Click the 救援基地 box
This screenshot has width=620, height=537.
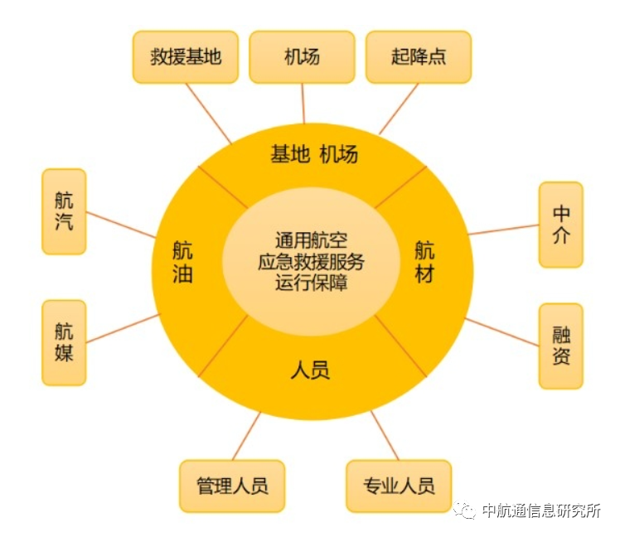[186, 57]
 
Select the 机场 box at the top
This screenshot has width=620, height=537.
[302, 57]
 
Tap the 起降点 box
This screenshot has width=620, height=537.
[418, 57]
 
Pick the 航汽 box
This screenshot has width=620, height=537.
[64, 211]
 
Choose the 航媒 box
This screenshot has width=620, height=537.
[64, 341]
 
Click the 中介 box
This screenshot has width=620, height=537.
[561, 225]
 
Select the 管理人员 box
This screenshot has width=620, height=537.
[232, 486]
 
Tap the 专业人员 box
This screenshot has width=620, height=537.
[399, 486]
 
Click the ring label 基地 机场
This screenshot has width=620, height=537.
[313, 154]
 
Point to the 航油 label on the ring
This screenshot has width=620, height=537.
[182, 262]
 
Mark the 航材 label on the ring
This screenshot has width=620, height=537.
[424, 262]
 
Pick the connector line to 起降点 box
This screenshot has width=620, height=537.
[399, 109]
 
